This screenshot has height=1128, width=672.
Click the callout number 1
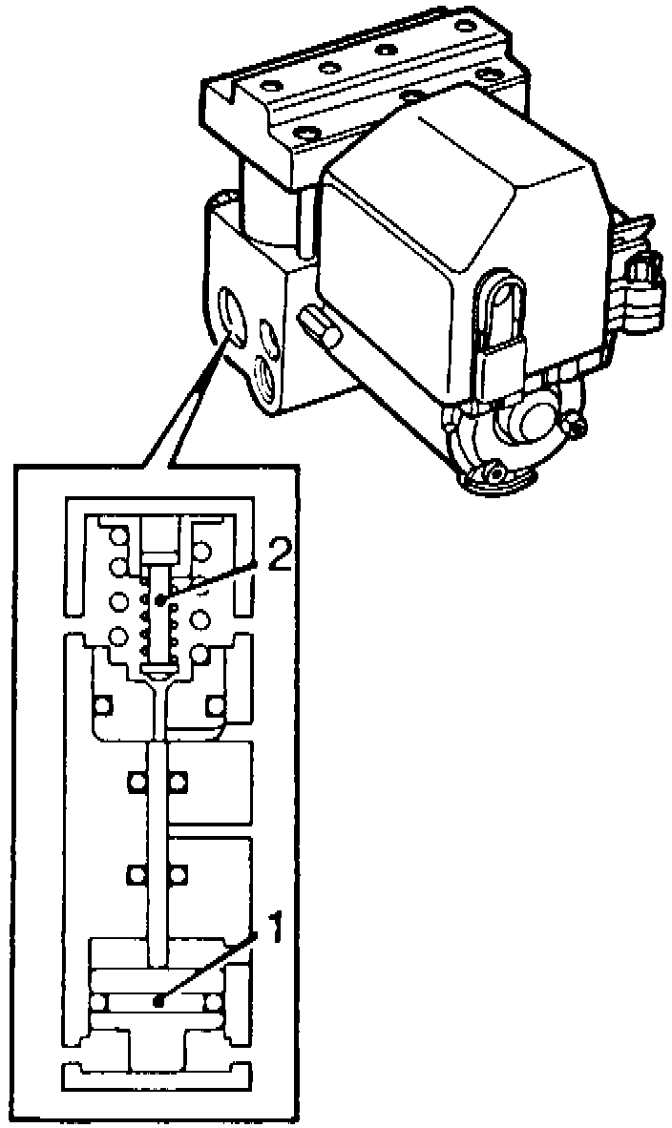coord(274,928)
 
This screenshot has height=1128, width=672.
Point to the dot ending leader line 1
coord(158,1002)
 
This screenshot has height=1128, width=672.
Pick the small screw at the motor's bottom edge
coord(496,470)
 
